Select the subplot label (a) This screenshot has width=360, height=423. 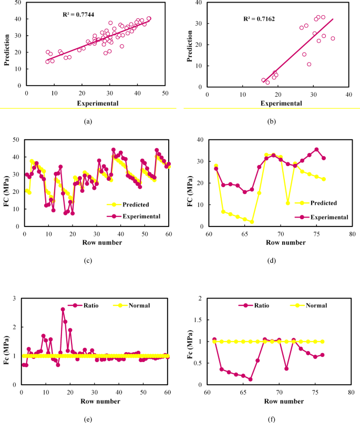[88, 121]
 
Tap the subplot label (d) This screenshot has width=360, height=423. [272, 261]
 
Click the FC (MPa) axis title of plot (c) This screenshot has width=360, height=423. [7, 182]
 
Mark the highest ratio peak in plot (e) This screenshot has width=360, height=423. [63, 309]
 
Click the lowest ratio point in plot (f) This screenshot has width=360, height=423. [251, 379]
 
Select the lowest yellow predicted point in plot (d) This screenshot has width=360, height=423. [252, 222]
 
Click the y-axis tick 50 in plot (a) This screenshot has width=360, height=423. [19, 3]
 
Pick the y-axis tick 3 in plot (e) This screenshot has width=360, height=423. [15, 298]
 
